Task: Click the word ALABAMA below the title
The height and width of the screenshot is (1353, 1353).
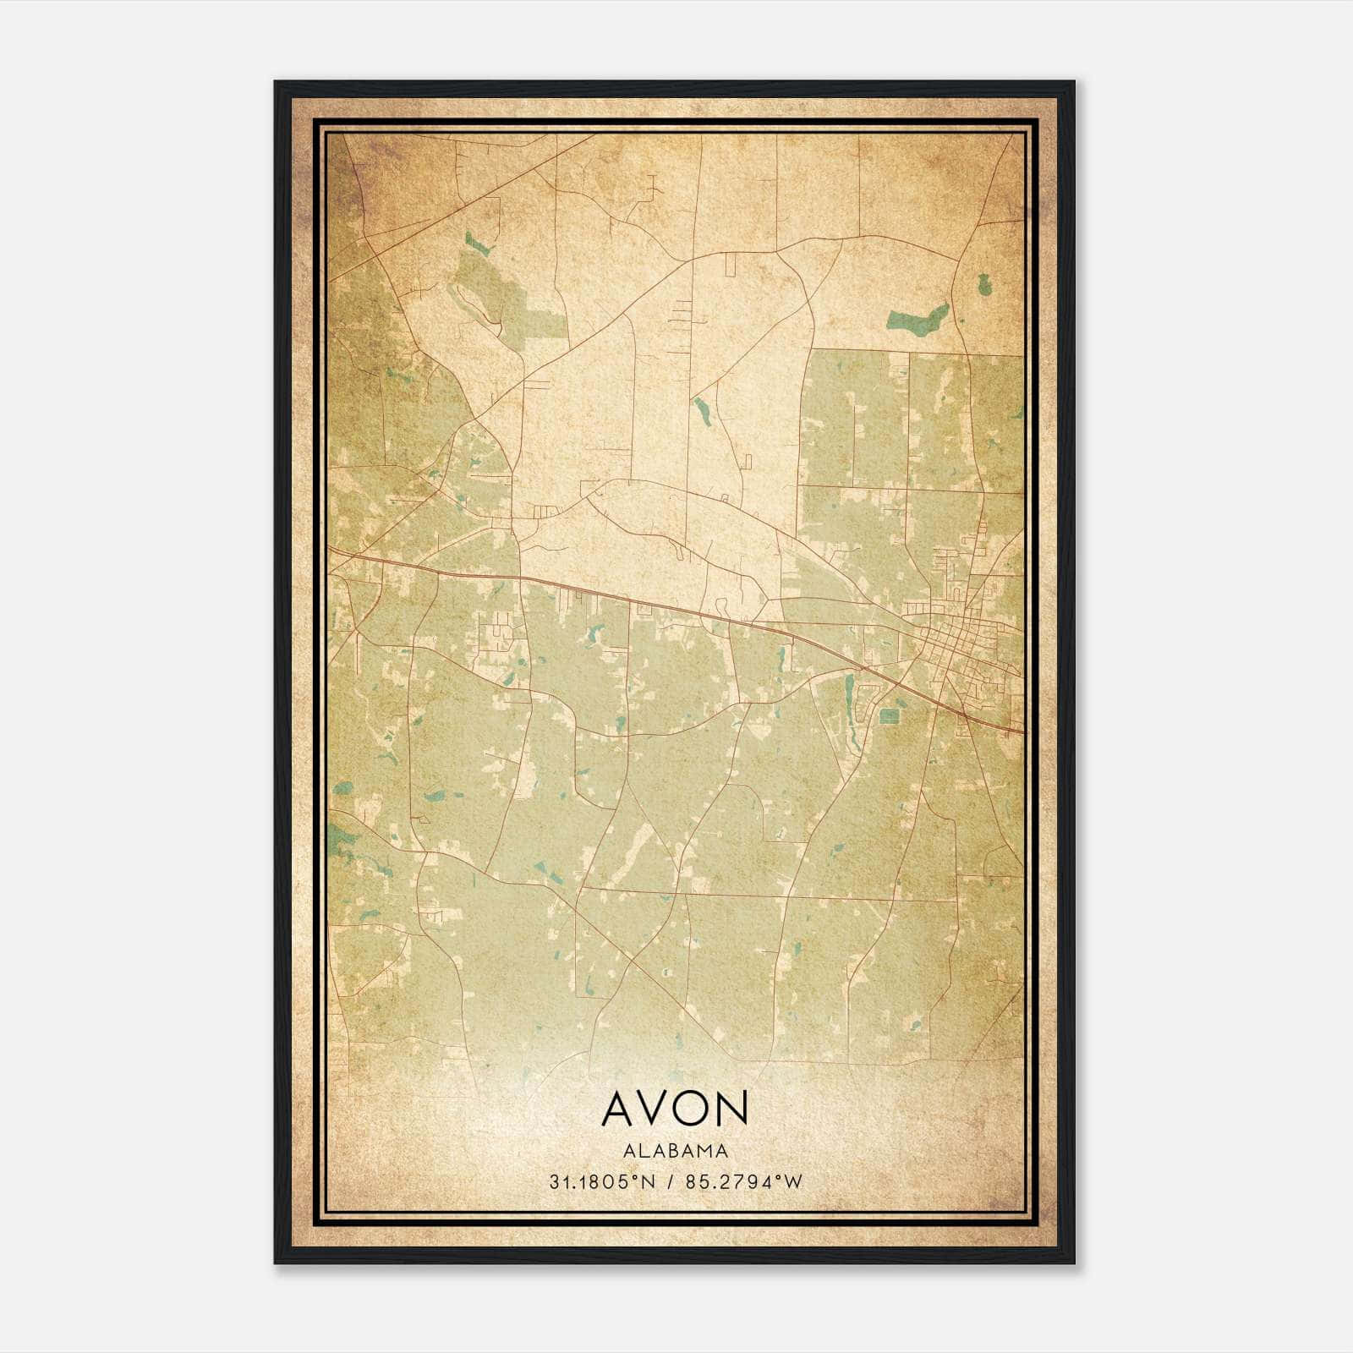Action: coord(676,1151)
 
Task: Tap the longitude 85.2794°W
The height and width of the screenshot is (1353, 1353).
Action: coord(746,1182)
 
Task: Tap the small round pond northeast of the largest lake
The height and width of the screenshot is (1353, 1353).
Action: coord(983,285)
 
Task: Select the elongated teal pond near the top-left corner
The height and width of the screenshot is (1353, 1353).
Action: coord(478,244)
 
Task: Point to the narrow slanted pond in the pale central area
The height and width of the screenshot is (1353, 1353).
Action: coord(702,409)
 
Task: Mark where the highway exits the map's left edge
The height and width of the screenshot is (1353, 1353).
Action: coord(331,551)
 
